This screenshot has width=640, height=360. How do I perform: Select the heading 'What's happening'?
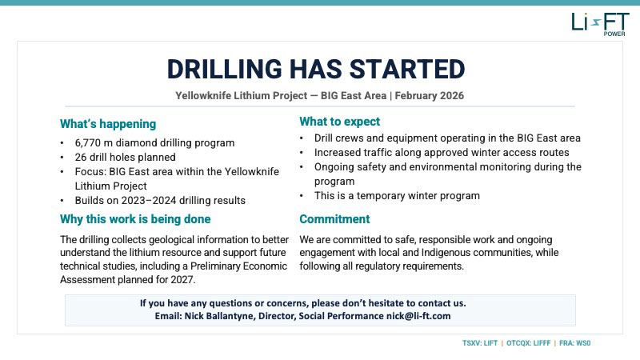(108, 124)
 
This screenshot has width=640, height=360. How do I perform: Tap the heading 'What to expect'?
(340, 122)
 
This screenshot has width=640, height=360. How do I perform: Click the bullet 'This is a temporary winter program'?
(397, 195)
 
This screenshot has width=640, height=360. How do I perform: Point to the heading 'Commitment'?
(334, 218)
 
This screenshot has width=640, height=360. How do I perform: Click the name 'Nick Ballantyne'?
(223, 316)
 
